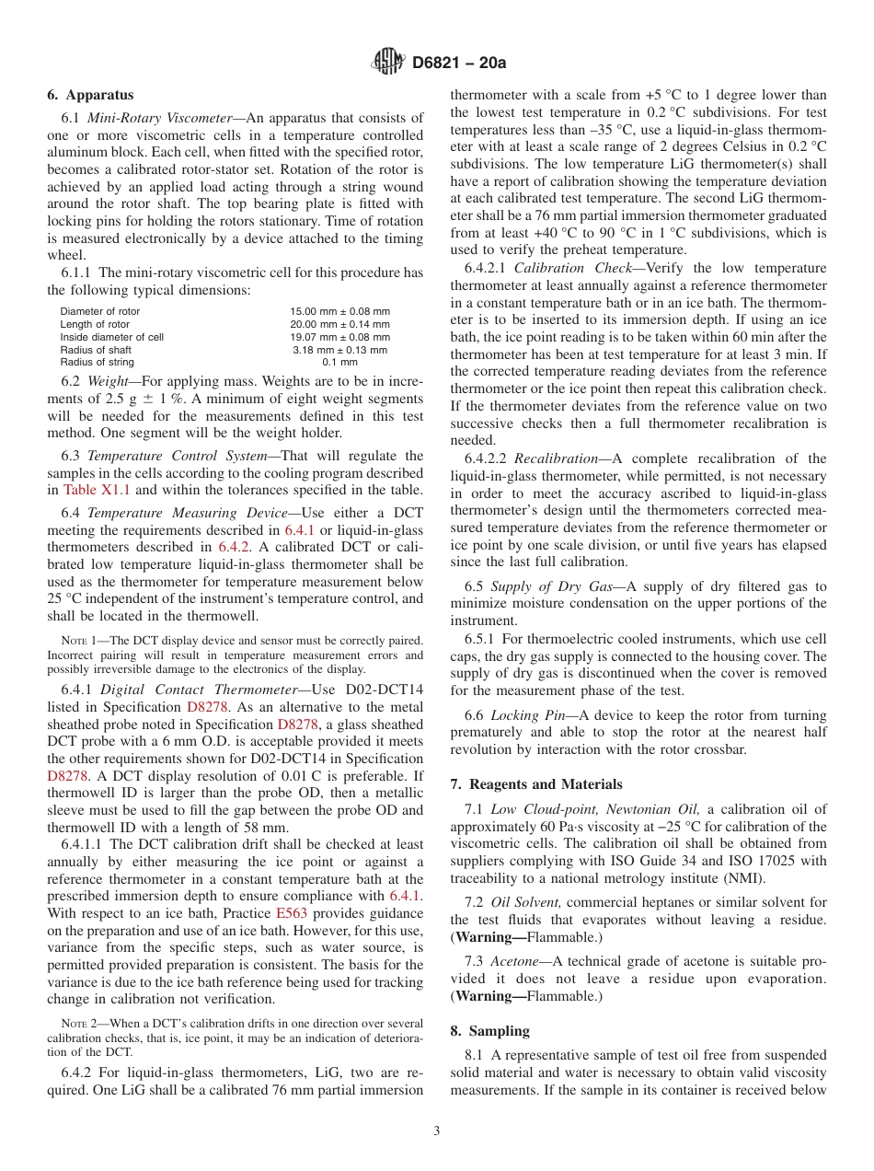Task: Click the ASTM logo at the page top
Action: tap(387, 63)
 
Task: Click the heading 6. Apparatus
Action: tap(90, 95)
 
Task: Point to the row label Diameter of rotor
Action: tap(100, 311)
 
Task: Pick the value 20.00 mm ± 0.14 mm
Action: tap(339, 324)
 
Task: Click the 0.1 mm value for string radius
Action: tap(339, 363)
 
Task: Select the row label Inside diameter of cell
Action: tap(112, 337)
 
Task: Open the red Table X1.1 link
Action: tap(97, 490)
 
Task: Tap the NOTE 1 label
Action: tap(77, 640)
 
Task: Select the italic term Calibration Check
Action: tap(555, 268)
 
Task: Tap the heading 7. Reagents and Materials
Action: tap(536, 784)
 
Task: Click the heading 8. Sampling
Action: tap(490, 1031)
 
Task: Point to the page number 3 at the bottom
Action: tap(437, 1131)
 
